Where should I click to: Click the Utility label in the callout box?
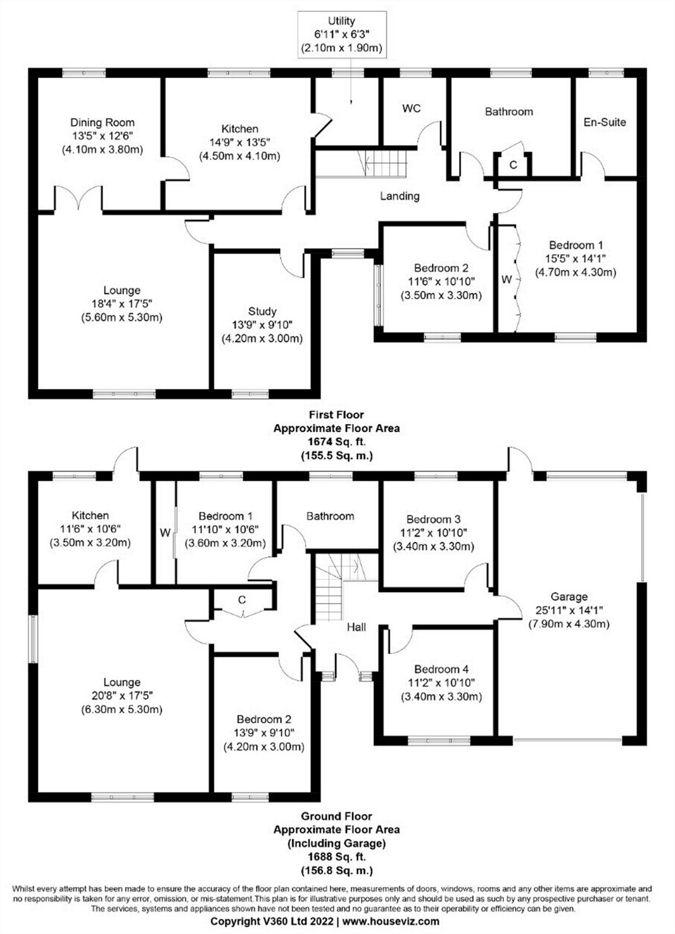click(x=341, y=21)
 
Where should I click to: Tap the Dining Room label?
click(x=102, y=123)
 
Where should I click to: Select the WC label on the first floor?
click(x=411, y=108)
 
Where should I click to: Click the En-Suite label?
click(x=604, y=122)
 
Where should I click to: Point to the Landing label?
click(x=400, y=196)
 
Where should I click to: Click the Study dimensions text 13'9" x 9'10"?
click(x=262, y=325)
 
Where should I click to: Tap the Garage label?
click(x=569, y=597)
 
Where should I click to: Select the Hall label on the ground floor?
click(x=356, y=627)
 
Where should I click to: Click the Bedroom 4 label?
click(x=441, y=669)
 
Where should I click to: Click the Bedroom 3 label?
click(x=433, y=519)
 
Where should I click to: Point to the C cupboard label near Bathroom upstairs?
click(x=513, y=165)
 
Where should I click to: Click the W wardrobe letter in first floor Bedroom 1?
click(x=506, y=280)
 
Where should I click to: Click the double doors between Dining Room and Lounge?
click(x=79, y=200)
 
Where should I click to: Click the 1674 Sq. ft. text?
click(x=336, y=442)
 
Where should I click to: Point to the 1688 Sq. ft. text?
click(x=336, y=857)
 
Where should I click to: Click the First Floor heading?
click(x=336, y=415)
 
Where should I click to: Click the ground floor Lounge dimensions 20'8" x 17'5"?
click(x=121, y=696)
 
